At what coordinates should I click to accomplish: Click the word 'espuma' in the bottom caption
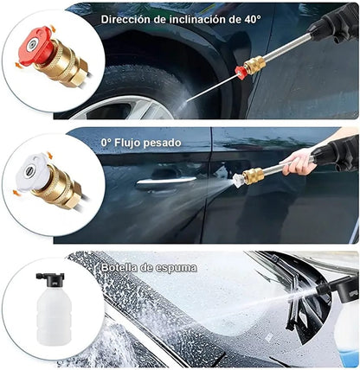[x=177, y=268]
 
